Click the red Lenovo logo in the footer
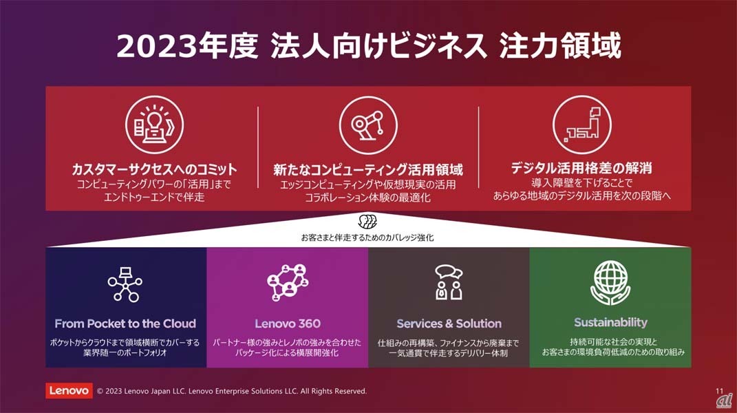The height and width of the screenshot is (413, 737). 69,390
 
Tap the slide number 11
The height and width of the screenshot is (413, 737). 720,391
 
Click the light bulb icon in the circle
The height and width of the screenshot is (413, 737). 154,125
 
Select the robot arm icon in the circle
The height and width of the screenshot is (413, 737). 368,125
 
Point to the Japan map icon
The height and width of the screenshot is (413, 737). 582,125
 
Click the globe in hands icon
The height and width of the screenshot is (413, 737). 610,283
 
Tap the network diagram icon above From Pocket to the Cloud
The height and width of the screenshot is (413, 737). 125,284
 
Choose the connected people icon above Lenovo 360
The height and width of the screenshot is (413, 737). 288,282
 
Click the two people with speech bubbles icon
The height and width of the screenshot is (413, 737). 449,282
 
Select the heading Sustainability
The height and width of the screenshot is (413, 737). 610,323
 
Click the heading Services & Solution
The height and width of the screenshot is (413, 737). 449,324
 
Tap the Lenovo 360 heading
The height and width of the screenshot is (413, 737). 288,324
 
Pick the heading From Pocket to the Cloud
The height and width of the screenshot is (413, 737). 125,324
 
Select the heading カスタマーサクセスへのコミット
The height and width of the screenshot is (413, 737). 154,169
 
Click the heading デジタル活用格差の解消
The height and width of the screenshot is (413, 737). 581,168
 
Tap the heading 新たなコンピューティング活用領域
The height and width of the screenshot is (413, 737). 368,169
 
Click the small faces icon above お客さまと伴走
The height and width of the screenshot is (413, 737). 367,222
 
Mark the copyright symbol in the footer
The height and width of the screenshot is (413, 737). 100,391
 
